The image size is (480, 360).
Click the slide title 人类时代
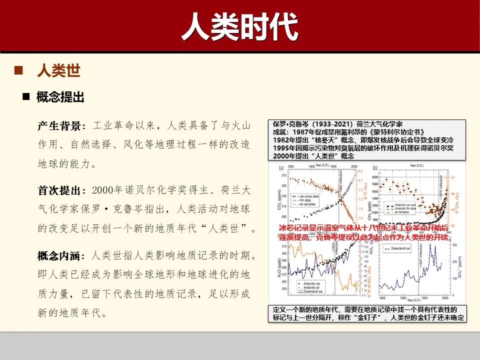[x=239, y=26]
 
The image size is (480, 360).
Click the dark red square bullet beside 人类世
[x=19, y=70]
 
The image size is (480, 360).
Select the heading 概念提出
[x=60, y=97]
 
